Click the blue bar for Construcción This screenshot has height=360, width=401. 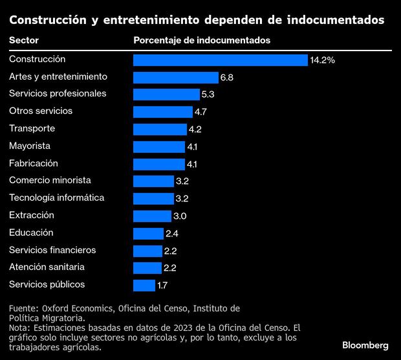(x=220, y=60)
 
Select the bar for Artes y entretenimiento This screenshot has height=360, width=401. (x=175, y=78)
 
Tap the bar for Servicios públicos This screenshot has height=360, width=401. (x=144, y=285)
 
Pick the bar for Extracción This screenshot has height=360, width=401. (x=152, y=216)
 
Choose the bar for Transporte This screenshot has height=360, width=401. (x=160, y=129)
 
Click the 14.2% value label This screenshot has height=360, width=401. (x=322, y=60)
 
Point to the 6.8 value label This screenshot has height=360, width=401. (x=226, y=78)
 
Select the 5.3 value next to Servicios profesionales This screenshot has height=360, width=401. (x=208, y=95)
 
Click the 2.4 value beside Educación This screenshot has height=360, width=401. (x=171, y=233)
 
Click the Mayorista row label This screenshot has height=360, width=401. (x=30, y=146)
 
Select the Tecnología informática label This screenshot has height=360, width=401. (x=56, y=197)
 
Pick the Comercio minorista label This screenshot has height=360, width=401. (x=50, y=180)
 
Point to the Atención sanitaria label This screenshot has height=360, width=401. (x=47, y=267)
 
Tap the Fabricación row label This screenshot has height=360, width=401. (x=34, y=163)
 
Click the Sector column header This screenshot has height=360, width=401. (x=24, y=40)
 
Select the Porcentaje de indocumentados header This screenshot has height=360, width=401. (x=202, y=40)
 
